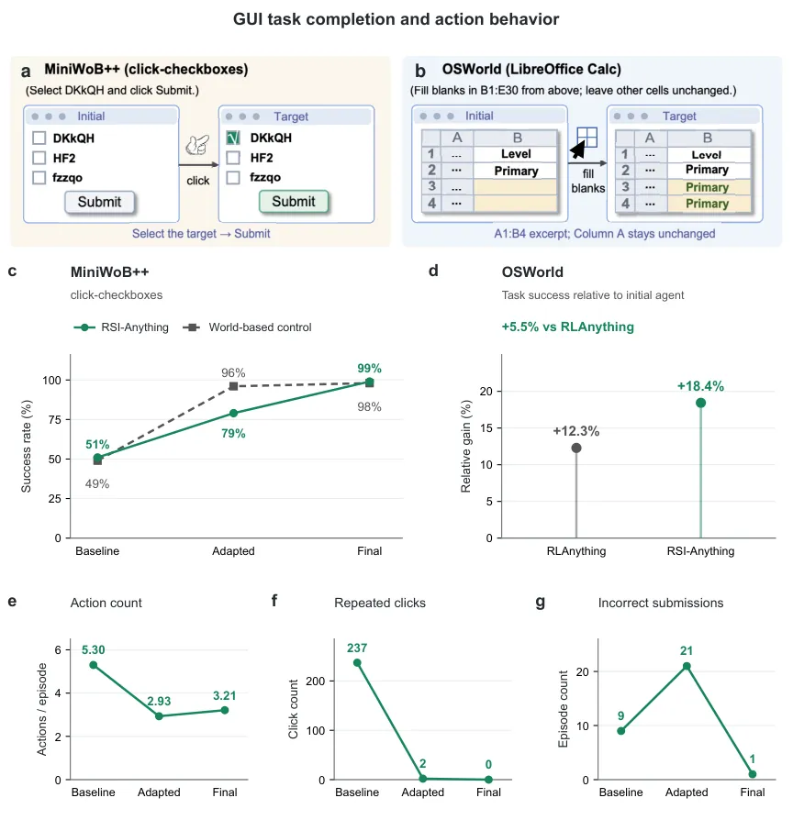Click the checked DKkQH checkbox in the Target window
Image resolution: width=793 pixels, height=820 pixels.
coord(233,138)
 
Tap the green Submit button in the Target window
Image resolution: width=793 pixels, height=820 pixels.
coord(294,202)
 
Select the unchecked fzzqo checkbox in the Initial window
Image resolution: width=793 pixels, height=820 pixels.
coord(39,178)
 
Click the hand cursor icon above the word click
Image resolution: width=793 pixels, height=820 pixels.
coord(197,145)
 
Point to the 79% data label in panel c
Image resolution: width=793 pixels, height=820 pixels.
coord(233,434)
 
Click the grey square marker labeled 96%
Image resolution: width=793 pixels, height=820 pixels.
coord(233,386)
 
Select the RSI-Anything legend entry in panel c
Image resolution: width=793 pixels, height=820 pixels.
coord(121,327)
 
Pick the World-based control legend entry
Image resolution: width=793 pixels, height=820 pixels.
coord(247,327)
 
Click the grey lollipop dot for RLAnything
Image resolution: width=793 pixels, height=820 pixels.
coord(576,448)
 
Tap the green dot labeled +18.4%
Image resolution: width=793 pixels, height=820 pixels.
coord(700,403)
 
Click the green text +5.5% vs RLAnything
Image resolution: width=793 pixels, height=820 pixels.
coord(568,327)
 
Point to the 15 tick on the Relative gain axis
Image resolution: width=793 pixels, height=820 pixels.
coord(486,427)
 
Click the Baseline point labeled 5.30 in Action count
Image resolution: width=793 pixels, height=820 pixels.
coord(94,665)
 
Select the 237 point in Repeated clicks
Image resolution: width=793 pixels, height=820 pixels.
coord(357,662)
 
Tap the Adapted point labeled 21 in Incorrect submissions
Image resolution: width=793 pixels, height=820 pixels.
coord(687,666)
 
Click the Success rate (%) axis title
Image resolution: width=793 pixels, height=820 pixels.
coord(27,446)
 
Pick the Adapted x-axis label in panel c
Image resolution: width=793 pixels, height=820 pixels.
coord(233,551)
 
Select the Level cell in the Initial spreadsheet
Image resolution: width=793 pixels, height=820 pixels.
coord(515,154)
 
